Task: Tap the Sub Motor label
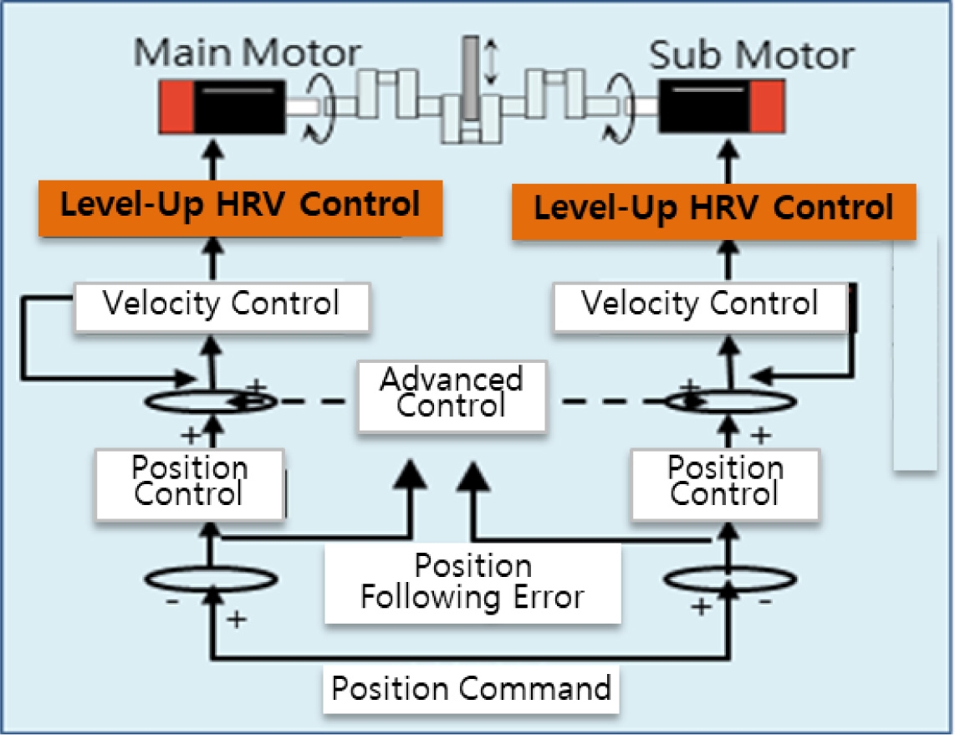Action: (751, 55)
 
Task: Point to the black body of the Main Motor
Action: (238, 107)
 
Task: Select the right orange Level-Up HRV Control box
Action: (712, 207)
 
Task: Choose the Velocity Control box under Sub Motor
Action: (699, 304)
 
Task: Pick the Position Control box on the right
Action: (724, 482)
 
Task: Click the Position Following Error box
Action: (472, 582)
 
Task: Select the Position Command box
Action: (471, 688)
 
